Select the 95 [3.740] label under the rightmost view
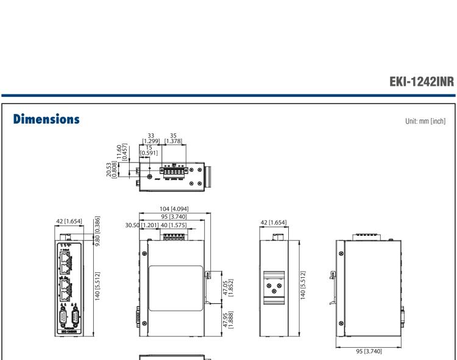(x=373, y=351)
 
